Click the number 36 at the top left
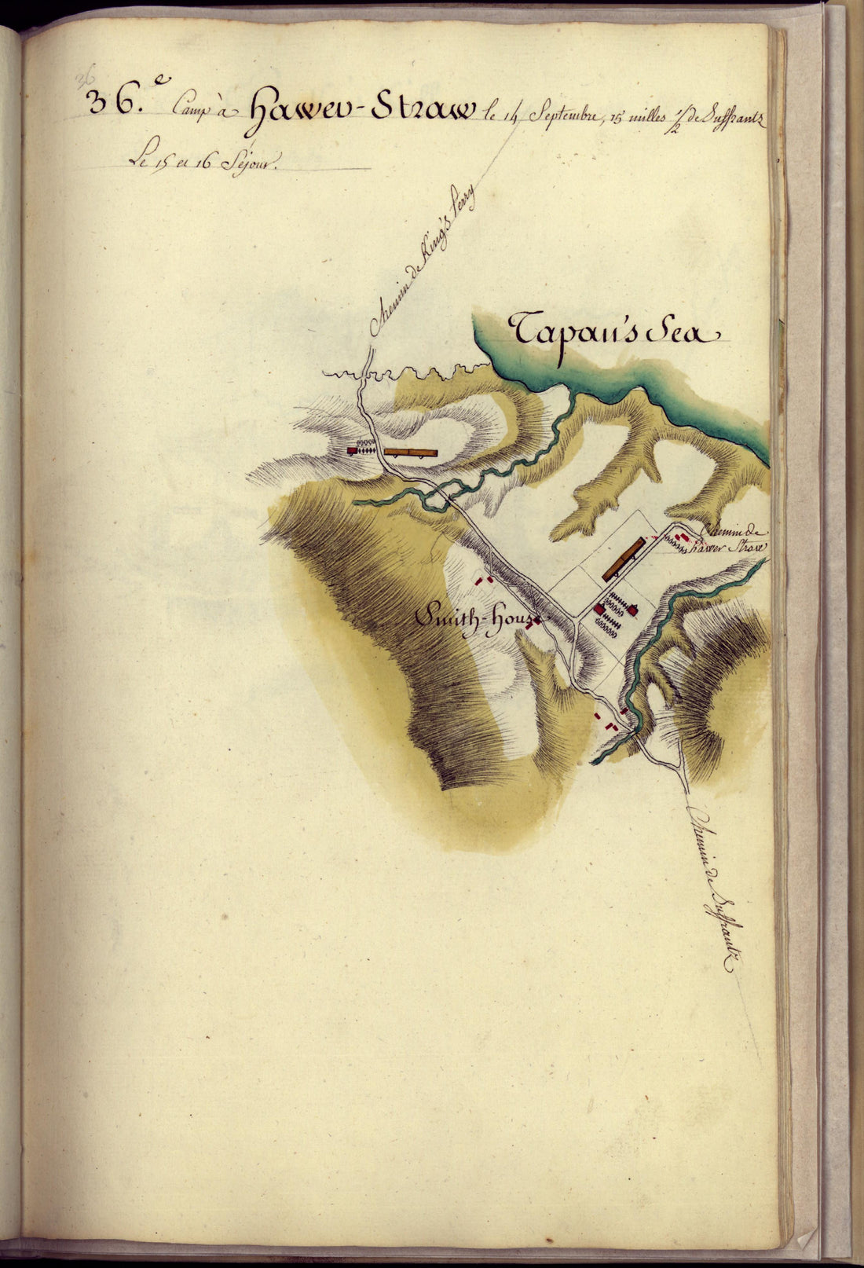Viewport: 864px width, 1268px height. coord(107,102)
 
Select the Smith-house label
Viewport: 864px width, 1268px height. coord(475,621)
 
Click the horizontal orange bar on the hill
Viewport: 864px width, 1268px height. coord(410,453)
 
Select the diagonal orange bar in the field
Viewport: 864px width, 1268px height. coord(624,559)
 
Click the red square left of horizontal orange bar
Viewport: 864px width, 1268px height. coord(353,451)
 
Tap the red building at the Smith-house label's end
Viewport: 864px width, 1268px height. coord(538,621)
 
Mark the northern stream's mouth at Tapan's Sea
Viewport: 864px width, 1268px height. coord(574,396)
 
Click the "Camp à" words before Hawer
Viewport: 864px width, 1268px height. coord(200,112)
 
